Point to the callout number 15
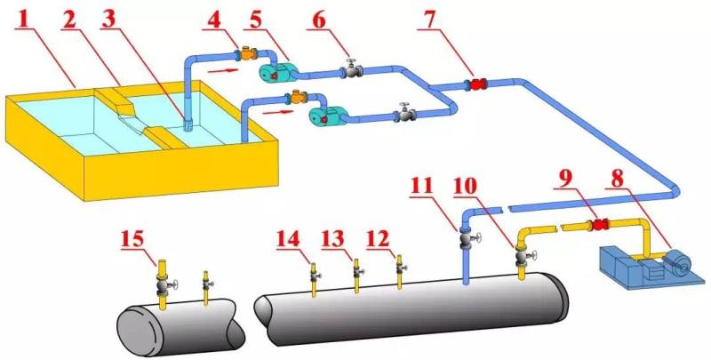point(132,240)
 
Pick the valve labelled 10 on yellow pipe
point(523,258)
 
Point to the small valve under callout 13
point(356,272)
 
